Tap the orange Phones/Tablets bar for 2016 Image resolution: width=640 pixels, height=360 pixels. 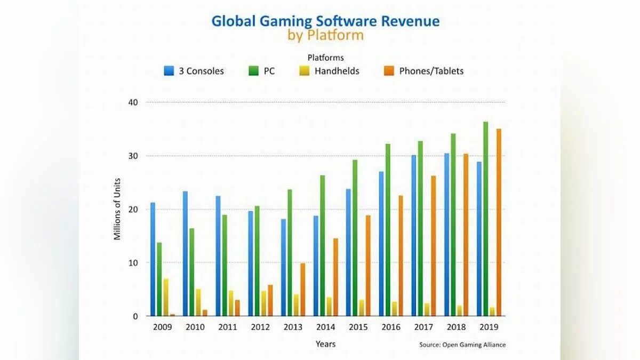coord(401,255)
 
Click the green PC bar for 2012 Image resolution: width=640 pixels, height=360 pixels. coord(257,261)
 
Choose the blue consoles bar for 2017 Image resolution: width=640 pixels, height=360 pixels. coord(413,235)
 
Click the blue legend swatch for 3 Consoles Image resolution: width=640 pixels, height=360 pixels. coord(169,71)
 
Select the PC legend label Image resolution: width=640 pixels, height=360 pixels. coord(269,71)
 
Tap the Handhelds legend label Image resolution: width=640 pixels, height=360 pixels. coord(337,71)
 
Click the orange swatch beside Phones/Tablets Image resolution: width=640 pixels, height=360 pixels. coord(389,71)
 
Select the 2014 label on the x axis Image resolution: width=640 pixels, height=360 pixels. coord(325,326)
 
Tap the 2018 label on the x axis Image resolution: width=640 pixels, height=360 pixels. coord(457,326)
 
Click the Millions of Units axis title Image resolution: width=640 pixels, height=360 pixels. coord(118,209)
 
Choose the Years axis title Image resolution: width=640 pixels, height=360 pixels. coord(325,344)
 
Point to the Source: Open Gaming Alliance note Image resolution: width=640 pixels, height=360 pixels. coord(462,345)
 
